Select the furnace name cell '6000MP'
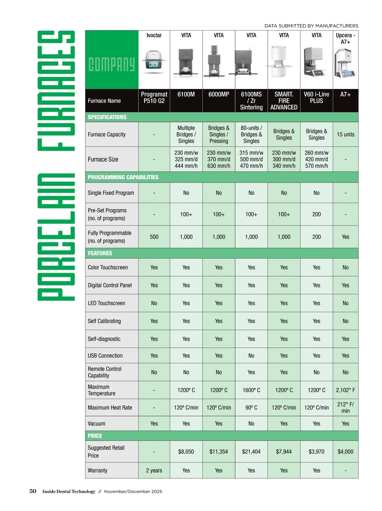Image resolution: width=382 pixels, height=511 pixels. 219,94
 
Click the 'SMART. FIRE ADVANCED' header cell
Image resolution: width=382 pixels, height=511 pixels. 284,101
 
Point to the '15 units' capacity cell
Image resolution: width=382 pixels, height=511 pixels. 345,134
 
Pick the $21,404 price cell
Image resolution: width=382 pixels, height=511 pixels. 251,451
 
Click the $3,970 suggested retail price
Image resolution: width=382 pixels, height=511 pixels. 316,451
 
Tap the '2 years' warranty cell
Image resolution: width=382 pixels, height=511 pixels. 154,470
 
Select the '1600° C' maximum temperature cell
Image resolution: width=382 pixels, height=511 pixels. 251,390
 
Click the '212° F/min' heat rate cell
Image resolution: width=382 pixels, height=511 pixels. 345,407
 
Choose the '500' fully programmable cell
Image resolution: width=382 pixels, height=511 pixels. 154,237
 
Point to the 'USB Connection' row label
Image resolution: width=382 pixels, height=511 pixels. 105,355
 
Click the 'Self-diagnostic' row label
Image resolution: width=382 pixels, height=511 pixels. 104,339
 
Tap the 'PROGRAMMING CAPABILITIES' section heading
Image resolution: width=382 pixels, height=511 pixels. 123,177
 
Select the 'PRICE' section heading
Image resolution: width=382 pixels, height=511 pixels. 95,436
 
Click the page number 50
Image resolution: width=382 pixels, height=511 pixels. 33,491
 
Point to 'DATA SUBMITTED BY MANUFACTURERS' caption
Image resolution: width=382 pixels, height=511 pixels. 311,26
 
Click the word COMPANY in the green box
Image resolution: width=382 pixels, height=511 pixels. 111,65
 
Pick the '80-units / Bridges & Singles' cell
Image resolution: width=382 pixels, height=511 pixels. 251,134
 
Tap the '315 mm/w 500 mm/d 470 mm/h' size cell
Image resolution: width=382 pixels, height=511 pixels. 251,159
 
